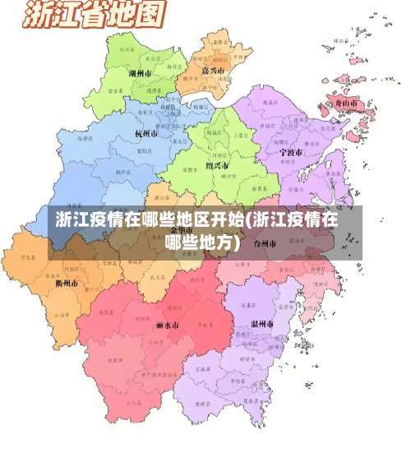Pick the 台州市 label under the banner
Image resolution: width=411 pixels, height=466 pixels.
267,243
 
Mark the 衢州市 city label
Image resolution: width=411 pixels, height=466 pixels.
67,282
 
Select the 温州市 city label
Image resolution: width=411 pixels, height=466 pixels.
261,324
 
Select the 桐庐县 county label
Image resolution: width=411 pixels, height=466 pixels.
123,172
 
